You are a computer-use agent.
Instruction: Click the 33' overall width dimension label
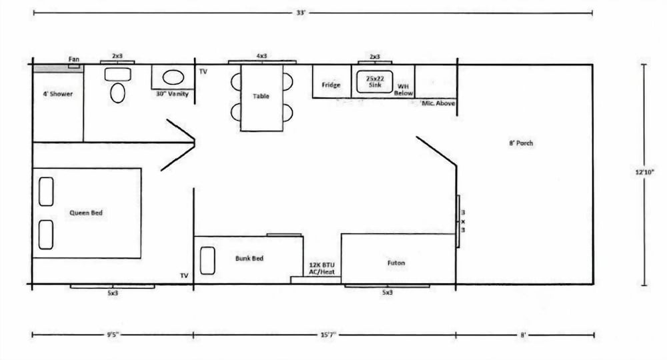[x=301, y=13]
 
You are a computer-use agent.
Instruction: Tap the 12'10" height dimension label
[x=644, y=172]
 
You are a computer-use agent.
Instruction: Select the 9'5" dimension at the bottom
[x=113, y=335]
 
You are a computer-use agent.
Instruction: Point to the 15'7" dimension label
[x=327, y=335]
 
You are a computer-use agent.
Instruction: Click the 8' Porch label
[x=521, y=143]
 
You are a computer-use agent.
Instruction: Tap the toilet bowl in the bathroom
[x=117, y=93]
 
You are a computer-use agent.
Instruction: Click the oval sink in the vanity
[x=173, y=77]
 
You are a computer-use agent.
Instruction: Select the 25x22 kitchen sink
[x=374, y=82]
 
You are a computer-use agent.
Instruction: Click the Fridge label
[x=331, y=85]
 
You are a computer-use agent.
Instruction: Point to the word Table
[x=261, y=96]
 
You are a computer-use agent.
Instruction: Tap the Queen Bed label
[x=86, y=213]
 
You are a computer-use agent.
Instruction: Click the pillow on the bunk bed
[x=207, y=261]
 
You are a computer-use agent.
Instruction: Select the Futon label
[x=396, y=263]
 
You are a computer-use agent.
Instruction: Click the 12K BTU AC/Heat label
[x=321, y=269]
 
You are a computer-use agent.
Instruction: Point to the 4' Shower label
[x=57, y=94]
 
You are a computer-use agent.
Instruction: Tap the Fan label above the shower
[x=74, y=59]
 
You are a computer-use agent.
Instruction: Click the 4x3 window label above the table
[x=261, y=56]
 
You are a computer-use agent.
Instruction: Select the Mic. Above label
[x=438, y=103]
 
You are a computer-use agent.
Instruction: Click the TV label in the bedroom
[x=184, y=275]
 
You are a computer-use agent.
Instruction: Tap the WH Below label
[x=403, y=90]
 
